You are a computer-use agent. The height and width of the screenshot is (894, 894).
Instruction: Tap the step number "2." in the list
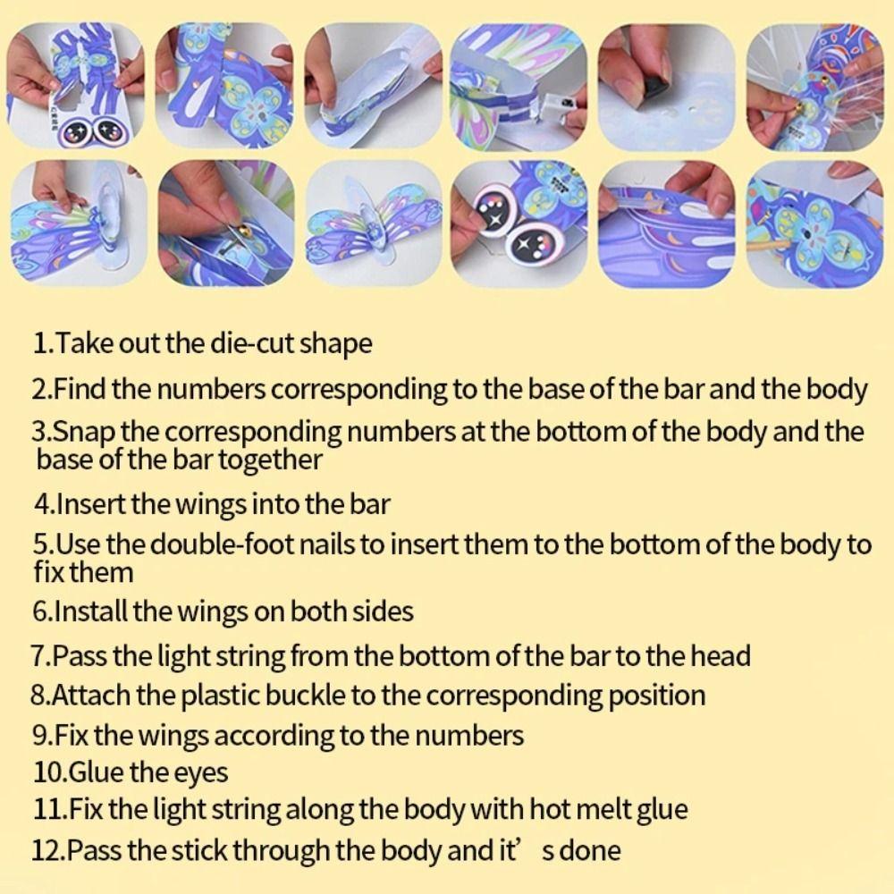coord(42,390)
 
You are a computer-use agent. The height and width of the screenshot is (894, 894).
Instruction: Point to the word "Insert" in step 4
coord(91,504)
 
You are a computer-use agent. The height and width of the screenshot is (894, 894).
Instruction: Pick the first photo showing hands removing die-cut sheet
coord(76,86)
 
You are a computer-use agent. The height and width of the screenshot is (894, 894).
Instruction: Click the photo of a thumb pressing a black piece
coord(666,86)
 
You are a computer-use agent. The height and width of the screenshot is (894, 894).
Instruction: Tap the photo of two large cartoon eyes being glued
coord(519,223)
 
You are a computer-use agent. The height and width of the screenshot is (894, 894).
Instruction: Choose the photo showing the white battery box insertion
coord(519,86)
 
